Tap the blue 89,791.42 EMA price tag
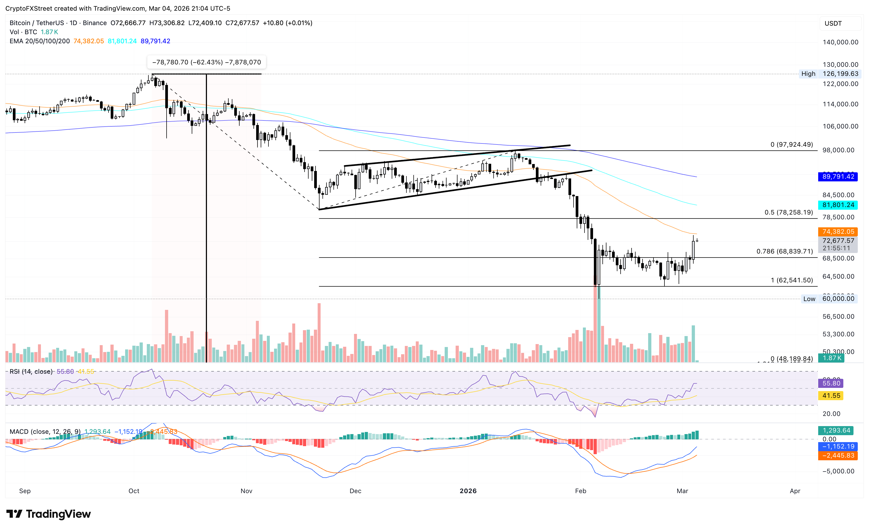click(x=838, y=177)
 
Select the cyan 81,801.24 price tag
click(x=838, y=205)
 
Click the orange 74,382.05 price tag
click(x=838, y=232)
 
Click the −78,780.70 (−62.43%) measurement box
click(x=206, y=62)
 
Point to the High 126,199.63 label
click(x=829, y=74)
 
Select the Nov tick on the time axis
click(x=246, y=491)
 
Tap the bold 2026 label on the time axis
click(x=468, y=491)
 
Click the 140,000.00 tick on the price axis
click(x=840, y=42)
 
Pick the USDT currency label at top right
click(x=833, y=24)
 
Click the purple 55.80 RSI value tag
click(x=831, y=383)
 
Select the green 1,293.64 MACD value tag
click(x=836, y=430)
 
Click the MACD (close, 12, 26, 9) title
click(x=45, y=432)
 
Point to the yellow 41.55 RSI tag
click(x=831, y=396)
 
